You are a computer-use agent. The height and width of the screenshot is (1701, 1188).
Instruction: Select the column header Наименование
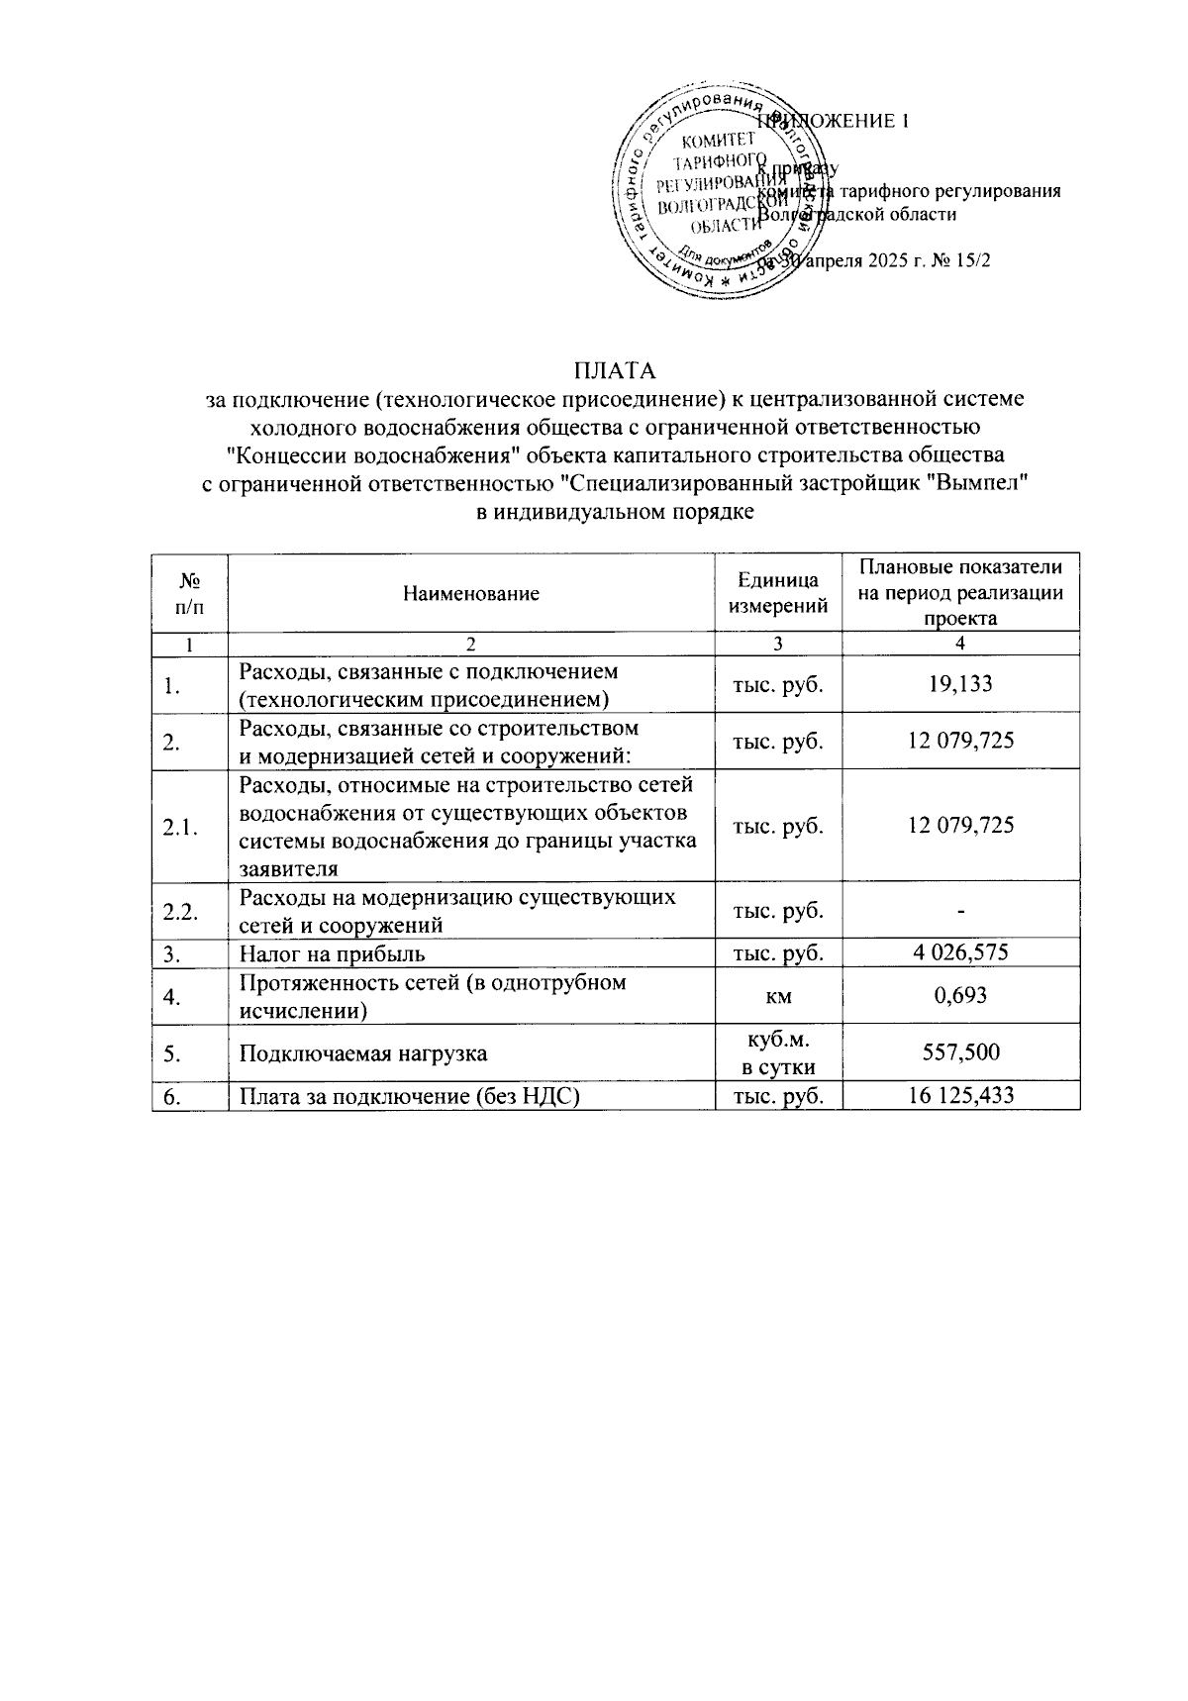click(471, 594)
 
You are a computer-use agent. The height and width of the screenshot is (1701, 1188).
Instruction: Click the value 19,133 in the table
click(960, 684)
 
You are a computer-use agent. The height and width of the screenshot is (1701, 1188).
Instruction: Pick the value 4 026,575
click(960, 953)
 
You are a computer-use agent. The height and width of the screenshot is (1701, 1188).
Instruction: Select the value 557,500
click(960, 1052)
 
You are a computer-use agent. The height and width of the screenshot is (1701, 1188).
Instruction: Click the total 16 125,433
click(960, 1095)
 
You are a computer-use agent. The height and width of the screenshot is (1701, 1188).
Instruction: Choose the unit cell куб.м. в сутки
click(778, 1052)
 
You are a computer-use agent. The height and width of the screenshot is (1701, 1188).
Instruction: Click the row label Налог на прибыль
click(333, 954)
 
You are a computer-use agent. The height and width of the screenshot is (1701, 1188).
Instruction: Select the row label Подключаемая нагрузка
click(363, 1053)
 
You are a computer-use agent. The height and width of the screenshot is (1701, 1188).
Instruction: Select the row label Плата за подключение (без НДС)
click(409, 1096)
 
